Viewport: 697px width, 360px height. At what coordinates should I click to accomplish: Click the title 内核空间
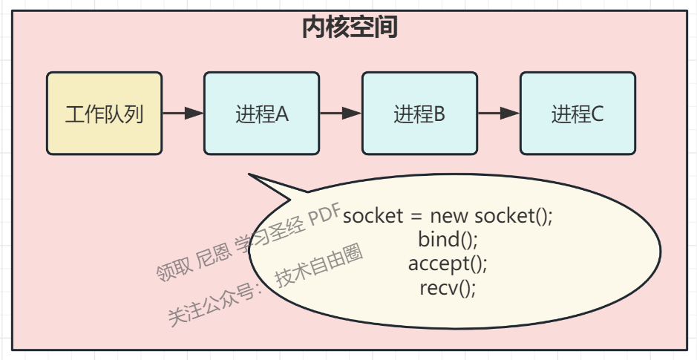point(349,27)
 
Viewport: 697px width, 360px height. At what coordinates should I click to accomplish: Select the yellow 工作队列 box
point(104,114)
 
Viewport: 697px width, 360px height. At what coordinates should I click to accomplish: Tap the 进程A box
point(261,114)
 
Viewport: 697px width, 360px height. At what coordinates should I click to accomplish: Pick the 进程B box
point(419,114)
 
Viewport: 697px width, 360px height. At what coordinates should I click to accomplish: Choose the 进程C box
point(577,114)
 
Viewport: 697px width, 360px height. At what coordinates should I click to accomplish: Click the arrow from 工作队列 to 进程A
point(183,114)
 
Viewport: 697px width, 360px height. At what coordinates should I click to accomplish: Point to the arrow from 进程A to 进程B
point(341,114)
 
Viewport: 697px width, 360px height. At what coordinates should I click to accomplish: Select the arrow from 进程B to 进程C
point(499,114)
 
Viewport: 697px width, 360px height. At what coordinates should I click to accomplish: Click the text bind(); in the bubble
point(448,240)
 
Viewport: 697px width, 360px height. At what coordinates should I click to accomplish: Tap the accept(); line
point(448,264)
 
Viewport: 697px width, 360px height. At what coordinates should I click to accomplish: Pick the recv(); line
point(448,287)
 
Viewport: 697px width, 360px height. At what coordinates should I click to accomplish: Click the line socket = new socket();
point(448,216)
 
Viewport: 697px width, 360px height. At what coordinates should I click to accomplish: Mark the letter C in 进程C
point(598,114)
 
